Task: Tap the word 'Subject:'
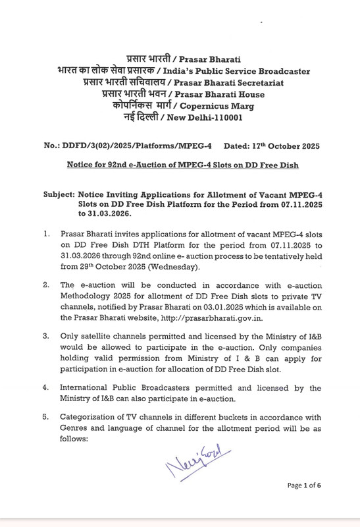(x=57, y=196)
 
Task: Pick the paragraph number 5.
(x=46, y=418)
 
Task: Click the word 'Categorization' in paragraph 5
(x=88, y=418)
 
